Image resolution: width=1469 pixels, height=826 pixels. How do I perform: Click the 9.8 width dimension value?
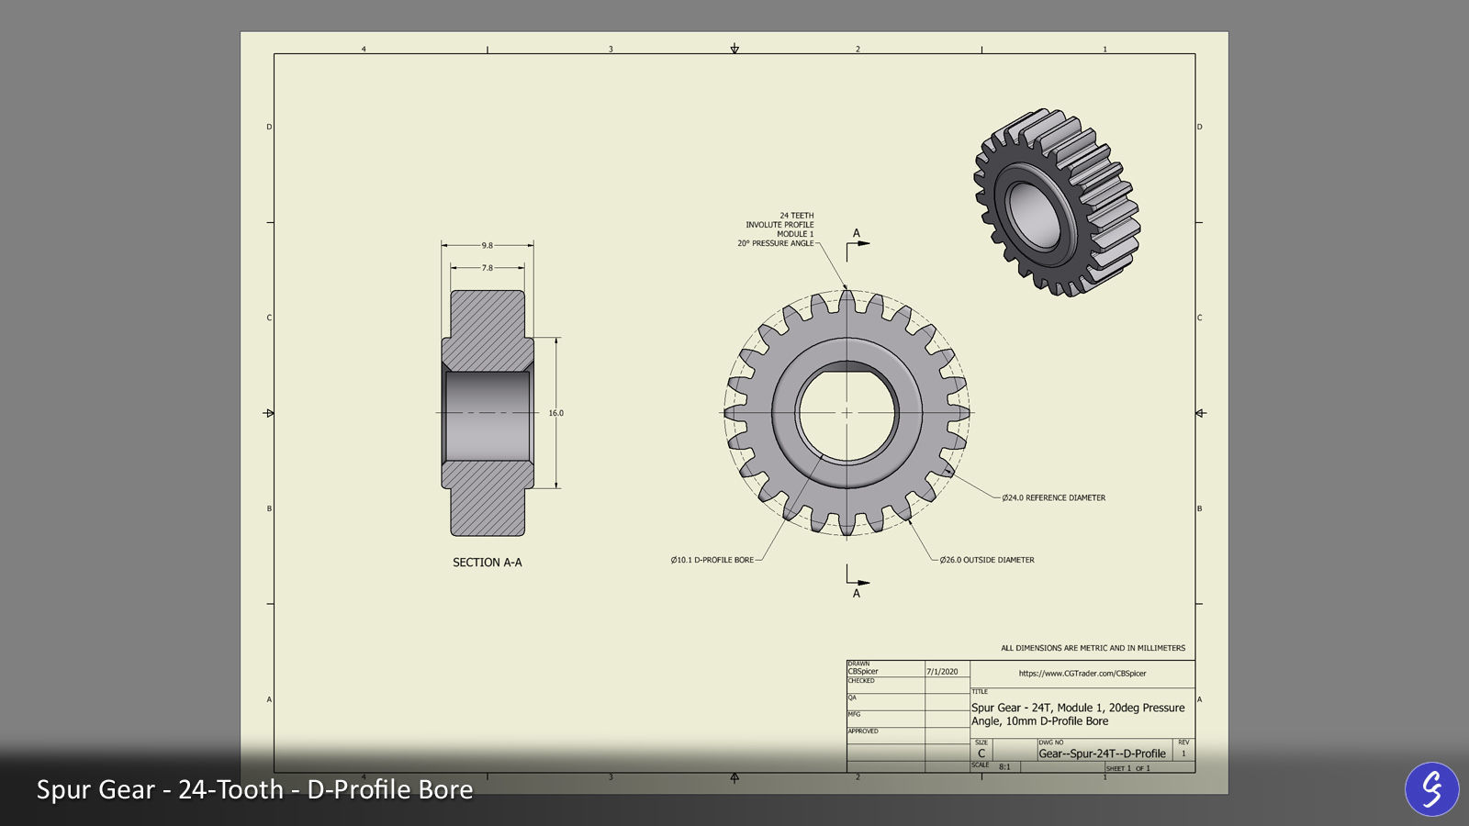(487, 246)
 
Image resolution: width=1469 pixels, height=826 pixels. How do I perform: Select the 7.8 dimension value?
(487, 268)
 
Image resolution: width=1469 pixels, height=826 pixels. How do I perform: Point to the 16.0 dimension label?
(555, 413)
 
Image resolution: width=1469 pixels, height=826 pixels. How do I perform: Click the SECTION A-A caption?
(487, 563)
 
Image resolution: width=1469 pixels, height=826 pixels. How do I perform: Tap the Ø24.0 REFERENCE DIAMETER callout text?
(1053, 498)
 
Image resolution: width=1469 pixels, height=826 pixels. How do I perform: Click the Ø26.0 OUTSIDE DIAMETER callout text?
(987, 560)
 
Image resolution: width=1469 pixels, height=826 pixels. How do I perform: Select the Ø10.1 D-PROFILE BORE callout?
(712, 560)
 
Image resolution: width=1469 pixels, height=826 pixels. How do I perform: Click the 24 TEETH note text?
(796, 216)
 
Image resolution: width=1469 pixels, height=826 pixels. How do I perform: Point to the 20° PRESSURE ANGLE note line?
(775, 244)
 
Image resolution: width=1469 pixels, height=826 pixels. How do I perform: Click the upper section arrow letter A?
(857, 233)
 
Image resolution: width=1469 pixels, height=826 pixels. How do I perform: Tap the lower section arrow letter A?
(857, 594)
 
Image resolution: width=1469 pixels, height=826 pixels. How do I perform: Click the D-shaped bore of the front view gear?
(846, 412)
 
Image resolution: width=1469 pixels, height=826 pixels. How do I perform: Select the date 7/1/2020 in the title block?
(942, 672)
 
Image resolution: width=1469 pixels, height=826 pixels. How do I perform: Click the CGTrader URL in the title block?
(1082, 674)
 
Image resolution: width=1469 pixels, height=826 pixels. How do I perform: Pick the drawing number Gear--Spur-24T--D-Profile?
(1102, 753)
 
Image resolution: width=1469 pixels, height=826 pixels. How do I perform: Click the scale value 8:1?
(1004, 767)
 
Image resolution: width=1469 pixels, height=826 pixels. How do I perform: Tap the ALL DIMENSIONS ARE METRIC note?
(1093, 648)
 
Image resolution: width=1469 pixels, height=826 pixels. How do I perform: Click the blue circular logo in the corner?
(1431, 788)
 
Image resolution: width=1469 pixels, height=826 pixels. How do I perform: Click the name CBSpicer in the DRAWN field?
(863, 672)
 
